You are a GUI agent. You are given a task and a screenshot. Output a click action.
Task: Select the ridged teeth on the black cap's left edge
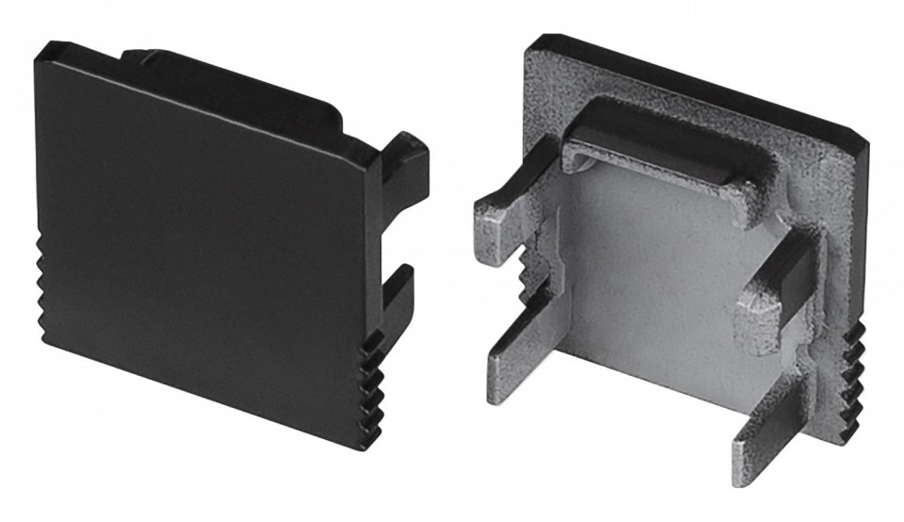43,287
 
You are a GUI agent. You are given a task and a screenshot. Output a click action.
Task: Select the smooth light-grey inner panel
650,273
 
